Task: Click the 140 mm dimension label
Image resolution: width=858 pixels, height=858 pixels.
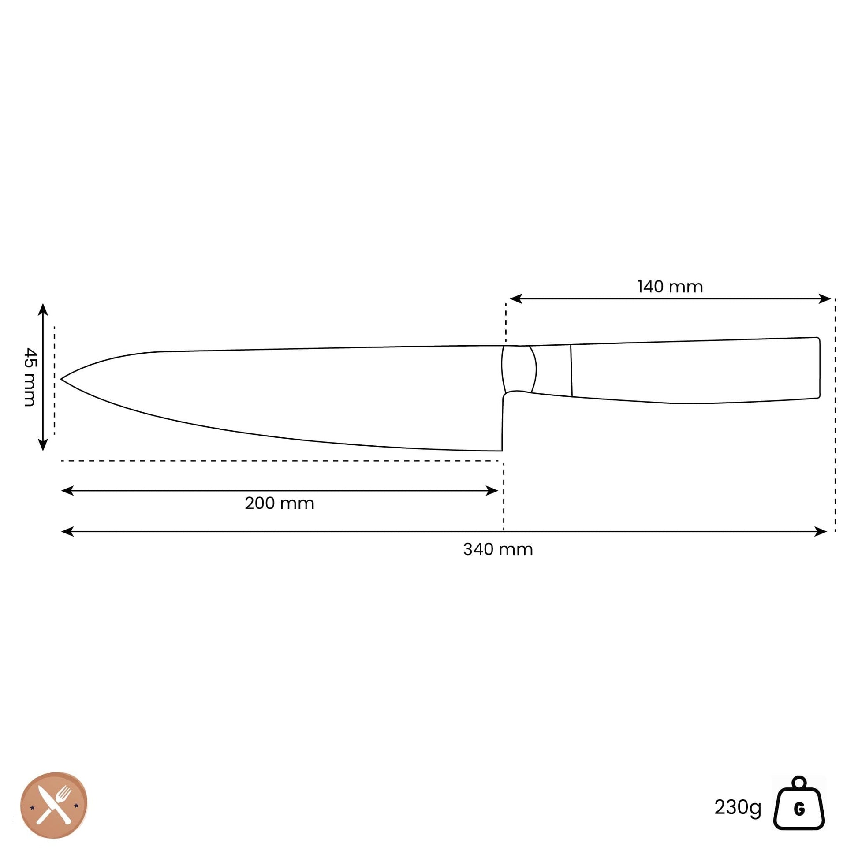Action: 670,287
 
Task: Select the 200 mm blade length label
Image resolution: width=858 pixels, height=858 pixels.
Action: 280,504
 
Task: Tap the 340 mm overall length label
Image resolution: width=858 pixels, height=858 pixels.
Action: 498,550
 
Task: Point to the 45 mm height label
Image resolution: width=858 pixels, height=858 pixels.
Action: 30,377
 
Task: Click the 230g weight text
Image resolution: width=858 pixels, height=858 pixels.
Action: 738,807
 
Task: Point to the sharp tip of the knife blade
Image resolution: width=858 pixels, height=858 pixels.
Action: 61,379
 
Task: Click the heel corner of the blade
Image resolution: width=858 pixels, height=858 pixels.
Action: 502,451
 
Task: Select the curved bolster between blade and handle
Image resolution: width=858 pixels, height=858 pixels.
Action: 519,369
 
